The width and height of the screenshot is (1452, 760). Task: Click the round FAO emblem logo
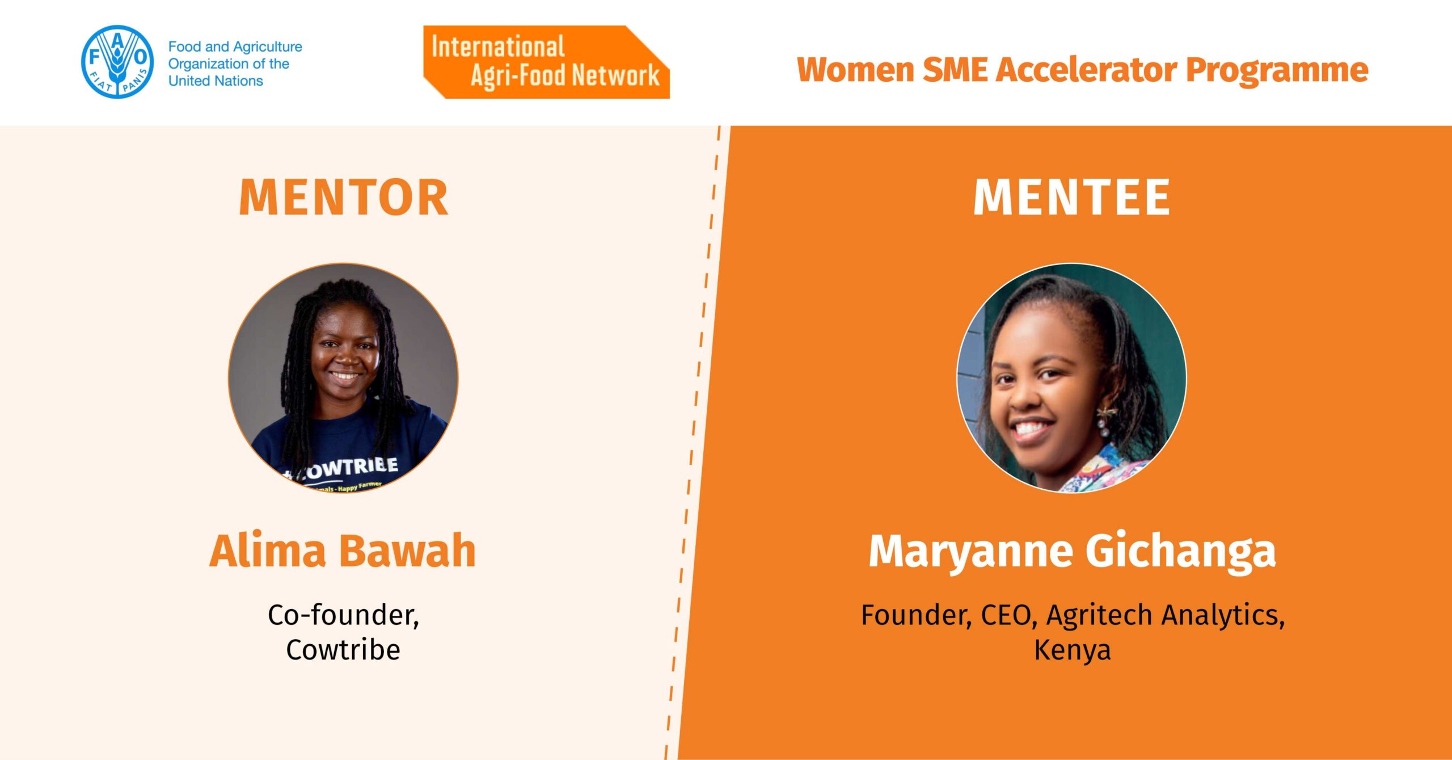[117, 62]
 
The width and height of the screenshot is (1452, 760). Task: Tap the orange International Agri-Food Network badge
[546, 62]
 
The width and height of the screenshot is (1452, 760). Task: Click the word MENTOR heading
[344, 197]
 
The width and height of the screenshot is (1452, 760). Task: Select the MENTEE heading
[1071, 197]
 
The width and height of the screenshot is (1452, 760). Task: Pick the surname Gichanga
[1180, 552]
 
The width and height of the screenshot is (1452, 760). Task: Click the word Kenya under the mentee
[1072, 650]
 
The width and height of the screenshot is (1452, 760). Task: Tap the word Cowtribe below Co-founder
[343, 649]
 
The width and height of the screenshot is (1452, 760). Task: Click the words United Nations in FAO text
[216, 81]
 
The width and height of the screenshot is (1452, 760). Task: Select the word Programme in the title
[1277, 70]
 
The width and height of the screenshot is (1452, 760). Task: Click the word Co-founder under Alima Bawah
[343, 615]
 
